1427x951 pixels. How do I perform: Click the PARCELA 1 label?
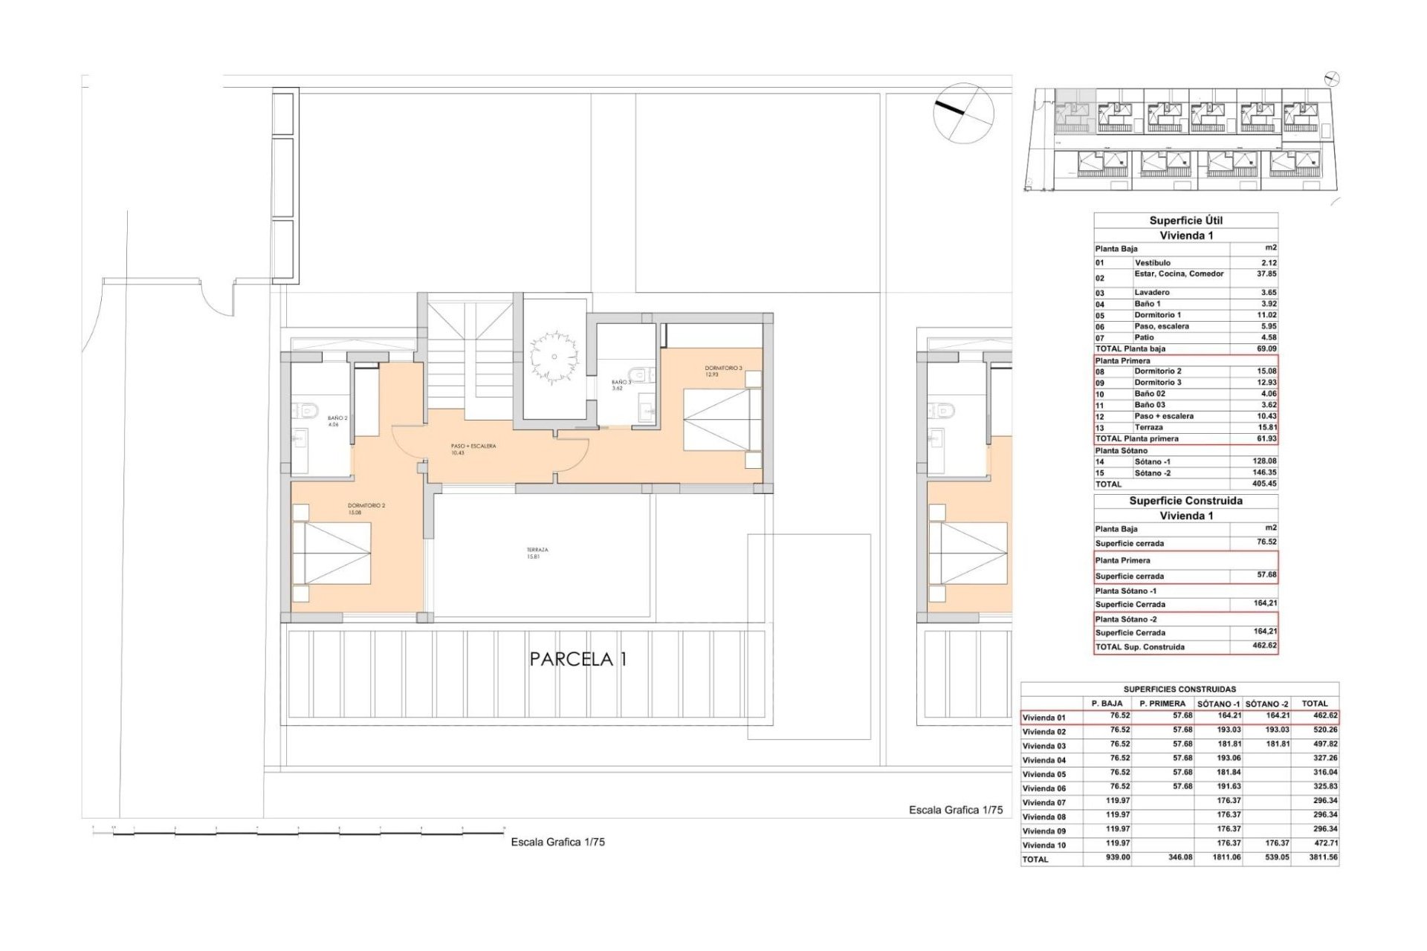[578, 659]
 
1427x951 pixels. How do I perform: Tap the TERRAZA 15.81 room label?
[537, 553]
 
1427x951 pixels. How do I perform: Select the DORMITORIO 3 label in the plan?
[724, 371]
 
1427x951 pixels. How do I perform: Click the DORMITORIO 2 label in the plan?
[366, 509]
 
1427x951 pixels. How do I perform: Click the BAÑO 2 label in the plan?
[337, 421]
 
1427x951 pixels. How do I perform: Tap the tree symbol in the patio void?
[554, 357]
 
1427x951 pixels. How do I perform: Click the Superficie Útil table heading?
[1185, 221]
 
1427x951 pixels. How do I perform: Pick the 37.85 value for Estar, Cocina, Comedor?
[1263, 274]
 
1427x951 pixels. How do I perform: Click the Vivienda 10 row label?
[1043, 845]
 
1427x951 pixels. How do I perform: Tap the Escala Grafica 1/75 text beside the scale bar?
[557, 843]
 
